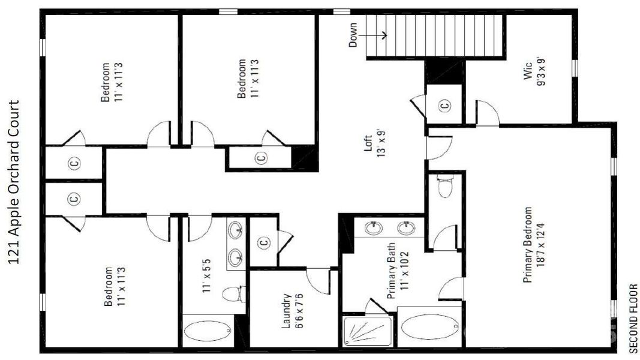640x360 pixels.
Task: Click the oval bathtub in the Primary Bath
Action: (429, 327)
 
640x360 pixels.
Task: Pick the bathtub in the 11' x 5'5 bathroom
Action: (207, 331)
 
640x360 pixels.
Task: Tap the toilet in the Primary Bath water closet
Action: (444, 187)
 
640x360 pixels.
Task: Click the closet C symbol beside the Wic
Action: (444, 106)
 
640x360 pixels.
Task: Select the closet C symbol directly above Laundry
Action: (262, 242)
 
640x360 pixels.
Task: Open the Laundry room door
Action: (318, 279)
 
